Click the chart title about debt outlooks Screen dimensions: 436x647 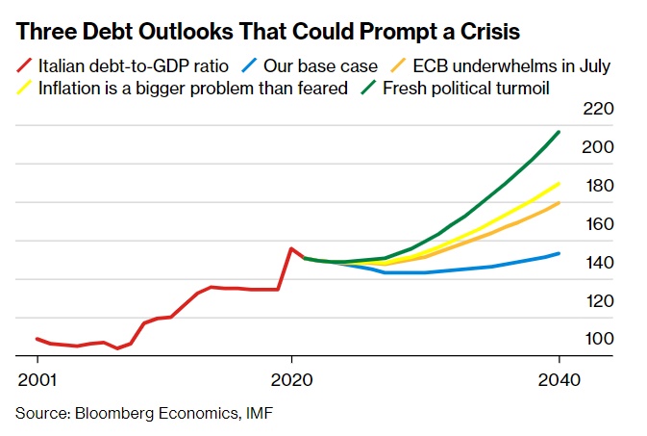[268, 31]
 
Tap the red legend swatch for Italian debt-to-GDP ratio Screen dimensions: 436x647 [25, 67]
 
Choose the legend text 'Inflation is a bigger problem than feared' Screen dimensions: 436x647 [192, 89]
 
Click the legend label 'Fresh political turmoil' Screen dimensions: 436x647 [465, 89]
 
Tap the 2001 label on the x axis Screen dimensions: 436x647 [37, 380]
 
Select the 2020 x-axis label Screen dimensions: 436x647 [291, 380]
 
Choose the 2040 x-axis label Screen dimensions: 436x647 [559, 380]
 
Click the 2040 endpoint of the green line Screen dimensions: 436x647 [559, 132]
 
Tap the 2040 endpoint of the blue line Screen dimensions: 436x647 [559, 254]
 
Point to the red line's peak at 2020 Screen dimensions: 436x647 [291, 248]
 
